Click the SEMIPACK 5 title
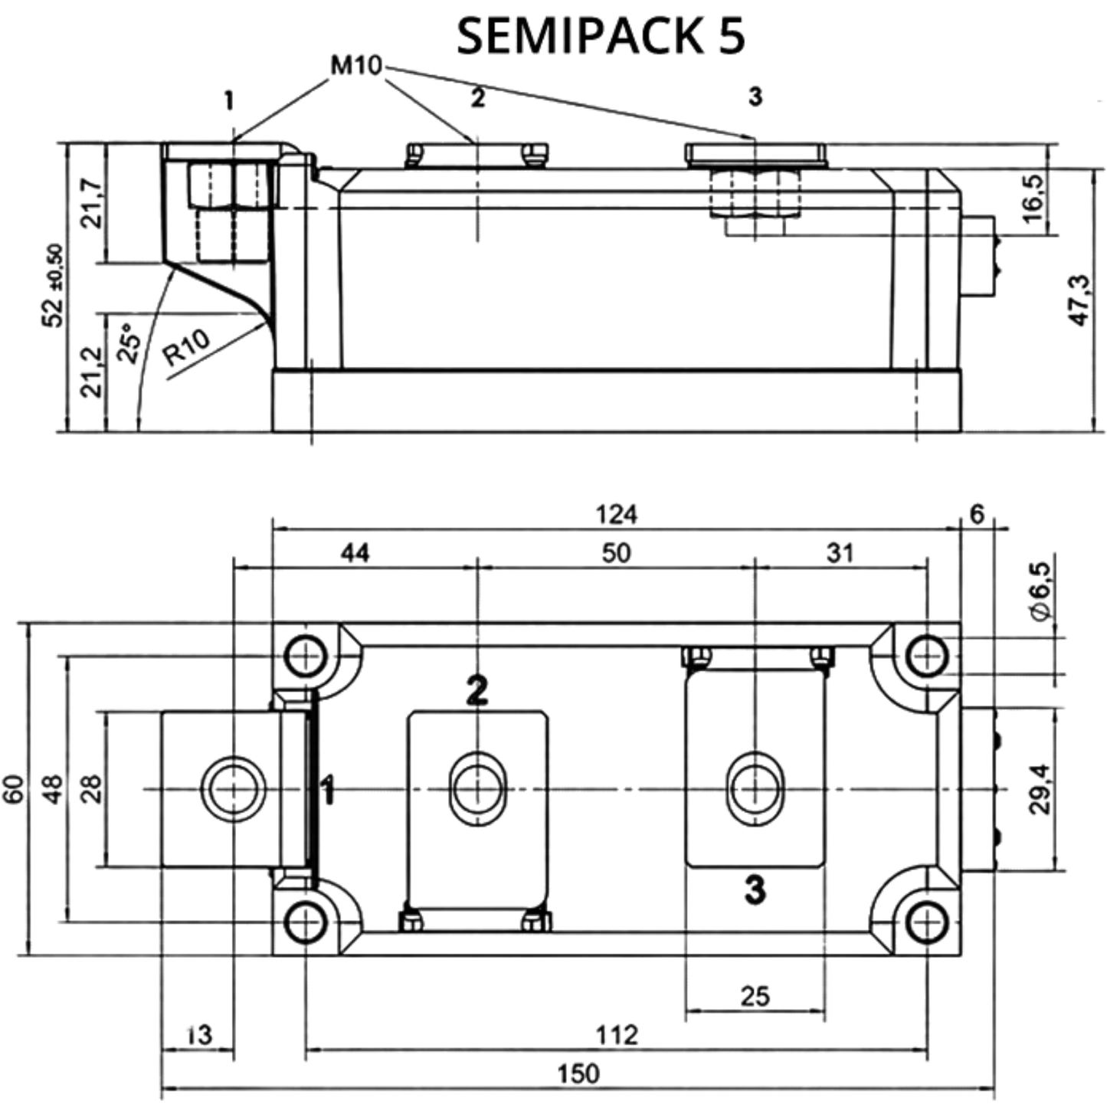601,36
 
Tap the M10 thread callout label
356,66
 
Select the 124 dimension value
616,514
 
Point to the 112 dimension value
617,1035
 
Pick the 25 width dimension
755,996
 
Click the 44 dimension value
355,553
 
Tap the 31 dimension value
840,553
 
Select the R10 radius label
187,348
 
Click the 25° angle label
129,343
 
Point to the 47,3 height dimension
1080,300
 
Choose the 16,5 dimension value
1034,198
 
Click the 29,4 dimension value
1040,789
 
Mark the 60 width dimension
14,789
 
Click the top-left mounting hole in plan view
306,656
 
